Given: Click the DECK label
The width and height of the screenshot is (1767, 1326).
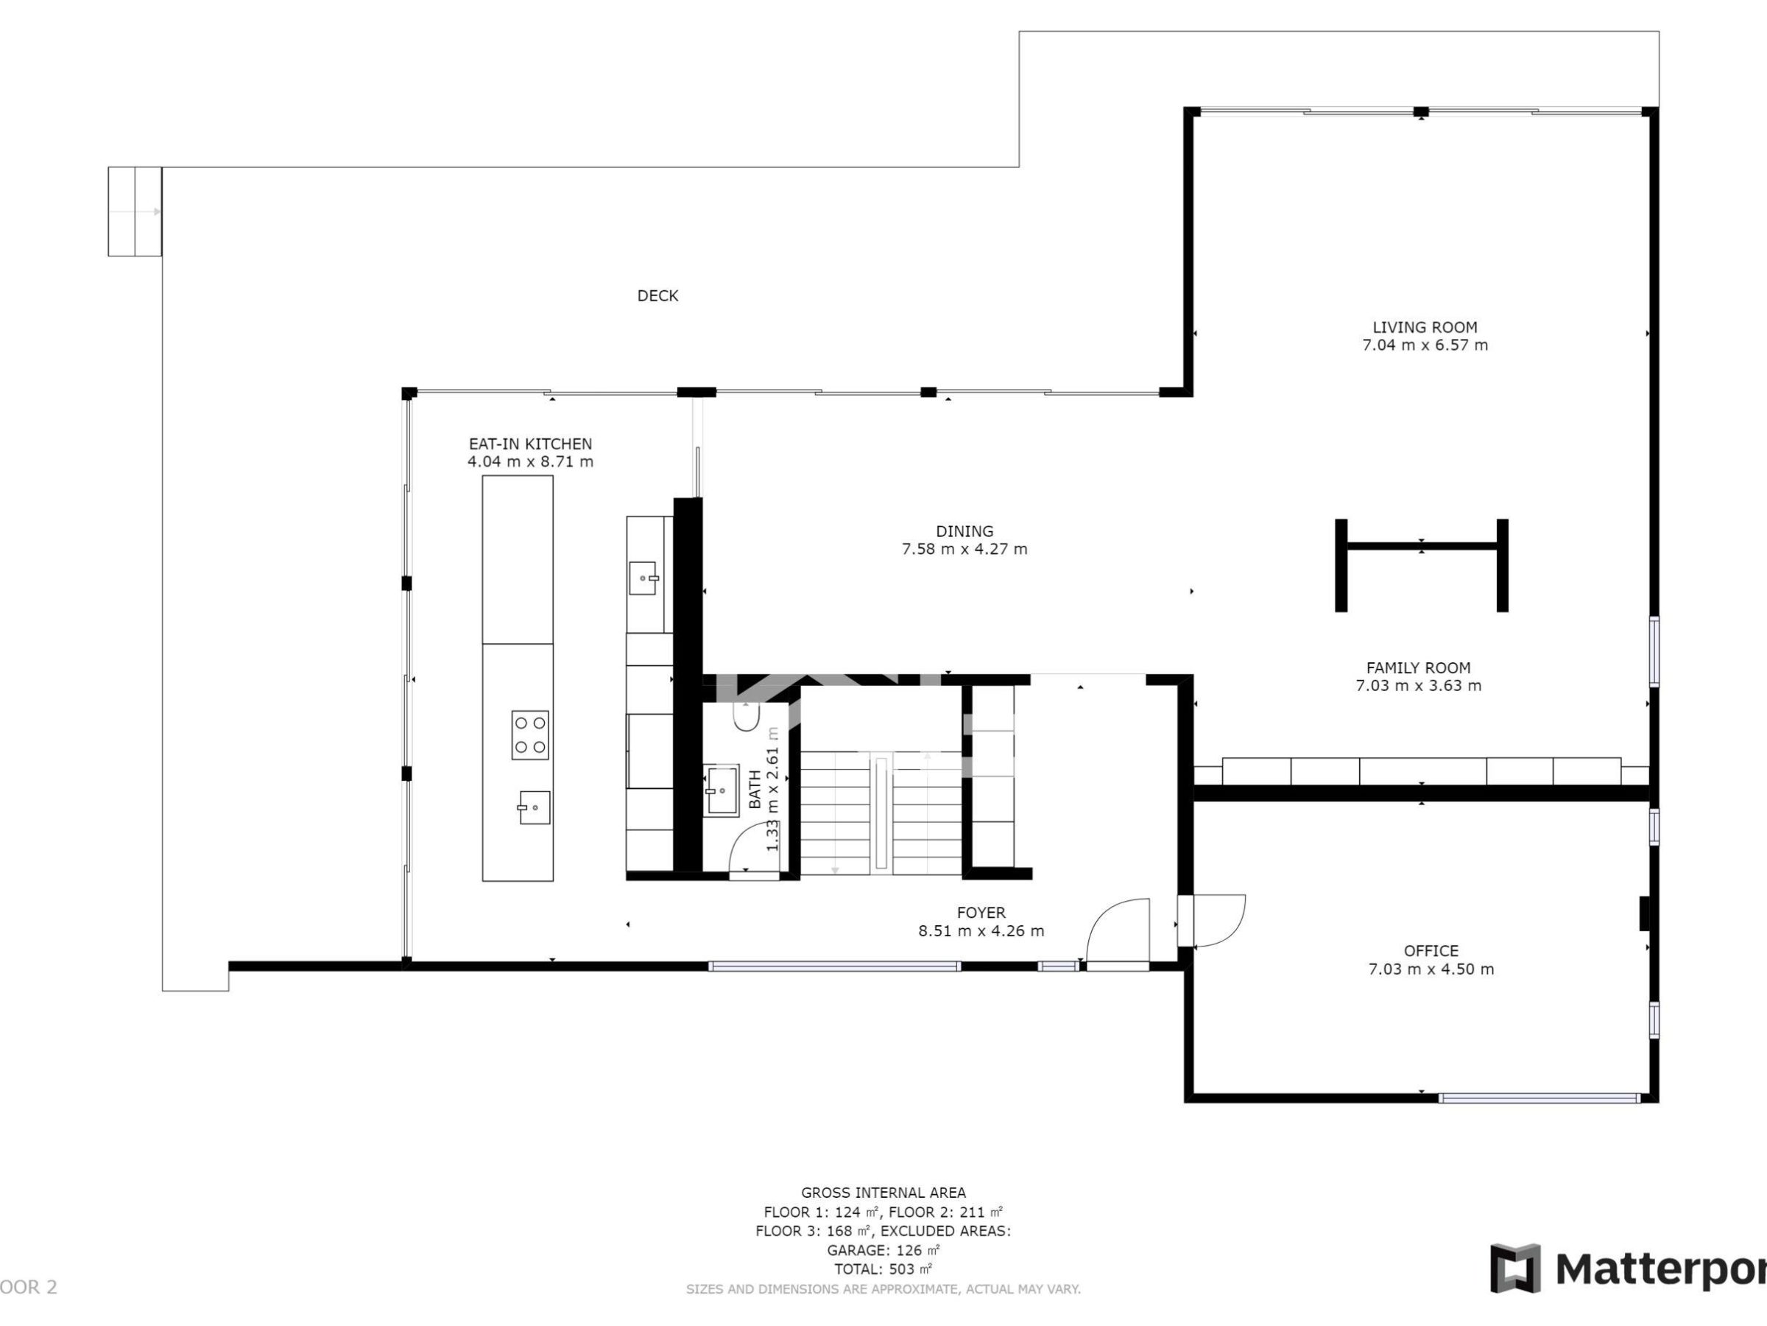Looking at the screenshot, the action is click(x=657, y=295).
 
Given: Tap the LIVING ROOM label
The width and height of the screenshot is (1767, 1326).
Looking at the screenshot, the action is click(x=1425, y=327).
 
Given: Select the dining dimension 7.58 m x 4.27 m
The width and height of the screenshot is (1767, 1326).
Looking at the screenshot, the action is click(x=964, y=549).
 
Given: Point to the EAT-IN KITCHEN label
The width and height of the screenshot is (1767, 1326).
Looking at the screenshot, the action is click(x=529, y=443).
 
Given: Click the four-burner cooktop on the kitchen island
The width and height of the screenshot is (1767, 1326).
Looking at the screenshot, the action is click(x=529, y=734).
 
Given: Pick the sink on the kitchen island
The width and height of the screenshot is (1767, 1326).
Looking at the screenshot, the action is click(x=534, y=807).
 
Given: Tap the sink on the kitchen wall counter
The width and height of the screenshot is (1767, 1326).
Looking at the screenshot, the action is click(x=643, y=578).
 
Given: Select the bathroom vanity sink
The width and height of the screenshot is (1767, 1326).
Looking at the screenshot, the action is click(x=722, y=790).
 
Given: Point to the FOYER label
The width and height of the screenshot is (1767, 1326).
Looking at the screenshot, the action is click(x=981, y=913).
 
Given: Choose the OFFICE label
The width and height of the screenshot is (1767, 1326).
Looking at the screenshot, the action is click(x=1431, y=951).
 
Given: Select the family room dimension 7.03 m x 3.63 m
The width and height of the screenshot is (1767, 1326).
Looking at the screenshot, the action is click(x=1418, y=686).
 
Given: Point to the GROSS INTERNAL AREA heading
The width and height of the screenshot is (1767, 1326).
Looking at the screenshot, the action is click(x=883, y=1193).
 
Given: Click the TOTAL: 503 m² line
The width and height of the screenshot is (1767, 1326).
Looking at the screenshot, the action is click(x=883, y=1269).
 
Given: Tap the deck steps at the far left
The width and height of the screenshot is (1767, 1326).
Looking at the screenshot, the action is click(x=135, y=212).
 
